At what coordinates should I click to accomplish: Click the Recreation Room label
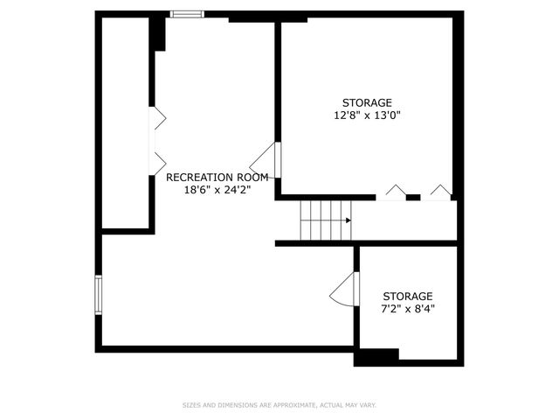coord(217,177)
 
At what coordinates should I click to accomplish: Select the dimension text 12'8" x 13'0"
coord(367,115)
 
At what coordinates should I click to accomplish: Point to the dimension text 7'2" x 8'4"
coord(407,309)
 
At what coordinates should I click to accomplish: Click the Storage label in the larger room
coord(367,102)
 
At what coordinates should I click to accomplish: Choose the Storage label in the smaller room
coord(407,297)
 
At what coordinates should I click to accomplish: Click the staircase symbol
coord(325,220)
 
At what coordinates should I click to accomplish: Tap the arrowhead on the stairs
coord(348,220)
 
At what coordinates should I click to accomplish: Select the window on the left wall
coord(99,295)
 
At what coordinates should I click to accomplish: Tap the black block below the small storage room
coord(376,356)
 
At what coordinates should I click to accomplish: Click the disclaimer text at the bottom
coord(279,405)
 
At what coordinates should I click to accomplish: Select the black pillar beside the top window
coord(158,32)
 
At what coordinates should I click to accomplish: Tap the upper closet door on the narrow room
coord(159,120)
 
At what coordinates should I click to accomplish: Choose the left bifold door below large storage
coord(396,192)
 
